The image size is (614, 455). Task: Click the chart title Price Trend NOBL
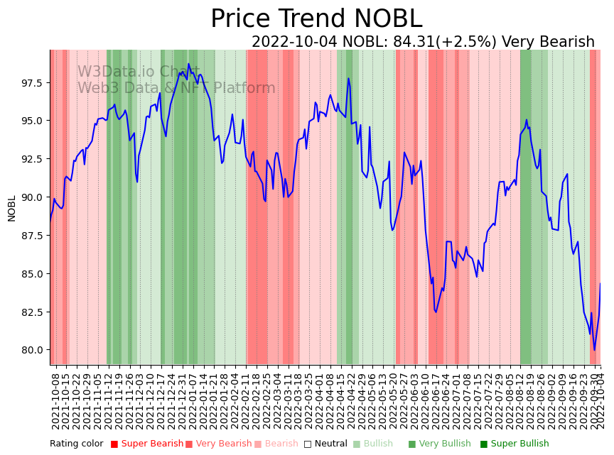(x=316, y=19)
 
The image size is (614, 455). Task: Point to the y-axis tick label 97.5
(x=31, y=83)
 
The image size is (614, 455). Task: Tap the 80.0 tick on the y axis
(x=31, y=350)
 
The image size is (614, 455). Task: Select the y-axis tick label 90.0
(x=31, y=197)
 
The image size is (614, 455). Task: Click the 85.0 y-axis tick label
(x=31, y=273)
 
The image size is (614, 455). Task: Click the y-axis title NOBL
(x=12, y=208)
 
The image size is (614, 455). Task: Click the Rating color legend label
(x=76, y=444)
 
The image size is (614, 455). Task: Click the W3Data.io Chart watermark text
(x=139, y=72)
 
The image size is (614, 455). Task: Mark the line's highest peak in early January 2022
(x=188, y=64)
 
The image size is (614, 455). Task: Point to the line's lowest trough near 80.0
(x=595, y=349)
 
